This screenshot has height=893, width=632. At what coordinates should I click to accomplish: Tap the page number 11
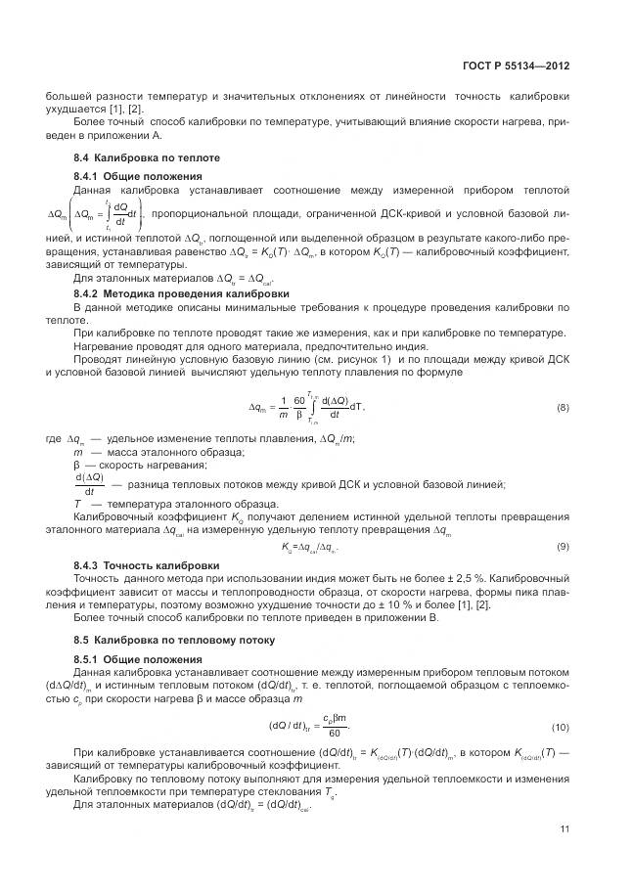564,829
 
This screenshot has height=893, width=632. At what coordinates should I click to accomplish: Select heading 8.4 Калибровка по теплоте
148,157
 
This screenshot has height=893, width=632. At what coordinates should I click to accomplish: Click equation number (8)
563,407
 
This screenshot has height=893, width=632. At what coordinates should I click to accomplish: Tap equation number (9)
563,546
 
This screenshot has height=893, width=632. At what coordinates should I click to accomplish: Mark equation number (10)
561,727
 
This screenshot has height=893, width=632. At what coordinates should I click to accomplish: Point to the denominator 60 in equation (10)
336,734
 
